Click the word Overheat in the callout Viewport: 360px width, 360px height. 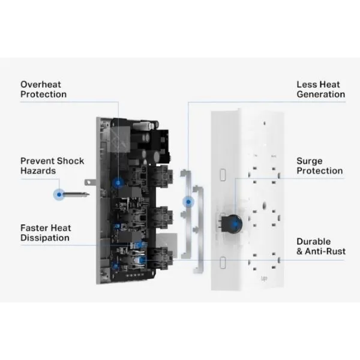[x=41, y=85]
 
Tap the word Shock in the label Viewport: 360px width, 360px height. [x=70, y=161]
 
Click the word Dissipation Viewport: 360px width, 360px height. [x=45, y=238]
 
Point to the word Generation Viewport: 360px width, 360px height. [x=321, y=94]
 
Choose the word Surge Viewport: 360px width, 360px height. [x=310, y=161]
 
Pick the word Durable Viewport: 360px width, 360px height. [x=314, y=242]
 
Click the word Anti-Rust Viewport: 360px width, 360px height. [x=325, y=251]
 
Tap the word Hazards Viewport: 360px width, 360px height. [x=38, y=171]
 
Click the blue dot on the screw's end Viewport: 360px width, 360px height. [x=59, y=194]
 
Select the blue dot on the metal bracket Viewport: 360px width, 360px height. [x=188, y=202]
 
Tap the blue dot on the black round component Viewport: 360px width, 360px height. [x=235, y=223]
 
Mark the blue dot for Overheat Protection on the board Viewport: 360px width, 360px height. [x=118, y=183]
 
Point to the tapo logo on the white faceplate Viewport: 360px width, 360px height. [x=264, y=279]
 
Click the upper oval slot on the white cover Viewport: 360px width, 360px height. [x=223, y=175]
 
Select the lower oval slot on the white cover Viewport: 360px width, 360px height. [x=223, y=262]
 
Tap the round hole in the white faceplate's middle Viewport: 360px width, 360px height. [x=264, y=205]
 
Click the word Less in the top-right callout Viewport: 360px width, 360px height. [x=305, y=85]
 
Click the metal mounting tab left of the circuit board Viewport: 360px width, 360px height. [x=90, y=182]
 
